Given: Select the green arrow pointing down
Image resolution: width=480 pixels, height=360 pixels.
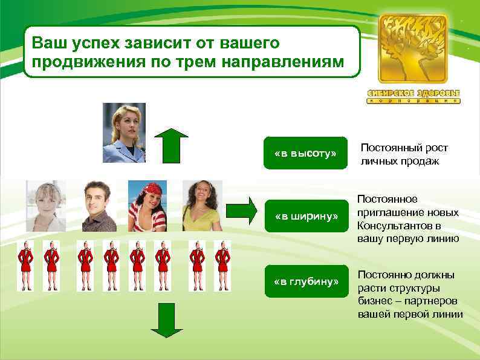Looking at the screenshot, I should (x=166, y=320).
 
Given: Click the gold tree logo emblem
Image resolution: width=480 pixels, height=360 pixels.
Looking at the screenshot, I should (x=414, y=48).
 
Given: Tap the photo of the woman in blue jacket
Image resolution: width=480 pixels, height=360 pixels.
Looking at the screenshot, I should (x=125, y=133).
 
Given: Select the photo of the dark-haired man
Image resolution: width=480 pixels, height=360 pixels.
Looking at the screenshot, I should (x=99, y=206).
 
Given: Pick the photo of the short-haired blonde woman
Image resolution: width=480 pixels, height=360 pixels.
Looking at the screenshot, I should (x=45, y=206).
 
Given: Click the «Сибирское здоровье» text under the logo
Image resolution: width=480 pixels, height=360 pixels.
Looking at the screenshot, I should (x=414, y=93).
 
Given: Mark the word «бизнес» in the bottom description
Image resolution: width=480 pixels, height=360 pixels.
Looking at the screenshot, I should (x=376, y=301).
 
